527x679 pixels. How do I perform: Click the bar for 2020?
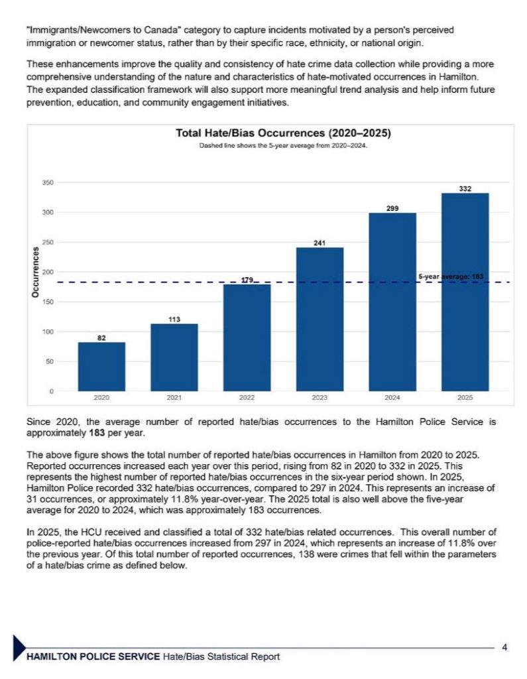[x=101, y=366]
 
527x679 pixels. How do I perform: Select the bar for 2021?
[x=174, y=357]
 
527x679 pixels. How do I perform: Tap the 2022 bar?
[x=247, y=338]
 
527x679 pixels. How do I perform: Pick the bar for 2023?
[x=320, y=319]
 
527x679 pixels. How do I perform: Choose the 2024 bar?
[x=392, y=302]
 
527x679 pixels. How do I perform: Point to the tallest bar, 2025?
[x=465, y=292]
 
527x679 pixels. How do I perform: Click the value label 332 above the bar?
[x=465, y=189]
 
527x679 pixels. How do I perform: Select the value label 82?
[x=101, y=338]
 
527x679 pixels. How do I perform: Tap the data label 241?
[x=320, y=243]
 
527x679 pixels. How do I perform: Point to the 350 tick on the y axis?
[x=48, y=183]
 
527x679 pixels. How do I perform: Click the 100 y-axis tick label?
[x=48, y=332]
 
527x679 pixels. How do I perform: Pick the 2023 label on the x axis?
[x=320, y=398]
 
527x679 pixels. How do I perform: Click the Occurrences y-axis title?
[x=35, y=272]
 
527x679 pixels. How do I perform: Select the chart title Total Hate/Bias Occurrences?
[x=283, y=133]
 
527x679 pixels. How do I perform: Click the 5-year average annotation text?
[x=451, y=277]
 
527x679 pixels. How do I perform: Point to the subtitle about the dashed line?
[x=283, y=146]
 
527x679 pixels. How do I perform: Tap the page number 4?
[x=504, y=647]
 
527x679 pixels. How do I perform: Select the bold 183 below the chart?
[x=97, y=432]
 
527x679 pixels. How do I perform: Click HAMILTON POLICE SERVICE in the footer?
[x=93, y=656]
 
